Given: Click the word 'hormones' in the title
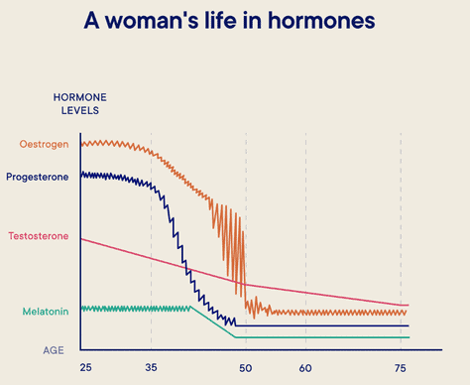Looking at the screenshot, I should tap(329, 21).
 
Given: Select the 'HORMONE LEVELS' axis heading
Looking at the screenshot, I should tap(79, 104).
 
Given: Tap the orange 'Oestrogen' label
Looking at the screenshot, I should tap(45, 145).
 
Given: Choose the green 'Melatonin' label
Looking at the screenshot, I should tap(46, 312).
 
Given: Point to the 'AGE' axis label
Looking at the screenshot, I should tap(53, 350).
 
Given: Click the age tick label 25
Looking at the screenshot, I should tap(84, 368).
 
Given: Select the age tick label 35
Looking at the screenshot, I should tap(151, 368).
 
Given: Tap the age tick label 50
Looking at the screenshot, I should tap(246, 368).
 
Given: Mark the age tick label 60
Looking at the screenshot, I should tap(305, 368).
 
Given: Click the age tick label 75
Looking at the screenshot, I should tap(401, 368).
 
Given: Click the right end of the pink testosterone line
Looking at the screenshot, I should tap(408, 305).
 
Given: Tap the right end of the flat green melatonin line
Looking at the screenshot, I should tap(408, 337).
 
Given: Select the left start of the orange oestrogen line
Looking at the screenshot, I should tap(81, 144).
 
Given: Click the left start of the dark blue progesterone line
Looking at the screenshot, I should tap(81, 175).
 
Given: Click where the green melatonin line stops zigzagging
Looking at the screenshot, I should tap(190, 309).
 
